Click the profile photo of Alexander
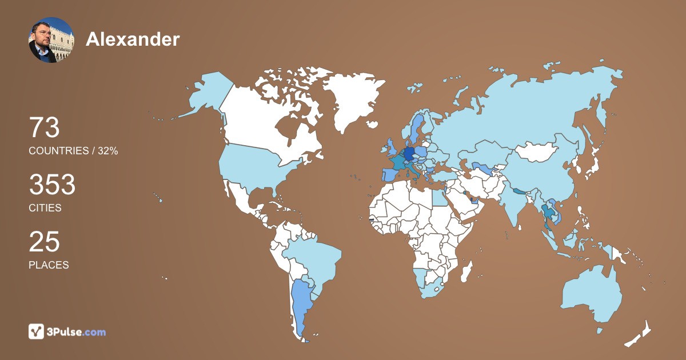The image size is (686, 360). (x=51, y=39)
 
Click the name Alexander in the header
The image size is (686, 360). (x=133, y=39)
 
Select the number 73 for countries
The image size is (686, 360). (x=45, y=127)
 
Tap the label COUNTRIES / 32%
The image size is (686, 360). (x=73, y=151)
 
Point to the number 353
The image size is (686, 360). (x=52, y=185)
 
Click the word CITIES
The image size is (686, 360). (x=45, y=208)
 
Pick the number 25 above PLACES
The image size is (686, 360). (x=44, y=242)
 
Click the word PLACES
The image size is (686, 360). (x=49, y=265)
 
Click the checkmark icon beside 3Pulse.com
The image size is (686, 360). (x=36, y=331)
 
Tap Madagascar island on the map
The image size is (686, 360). (x=468, y=272)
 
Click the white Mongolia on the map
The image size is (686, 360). (x=537, y=152)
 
